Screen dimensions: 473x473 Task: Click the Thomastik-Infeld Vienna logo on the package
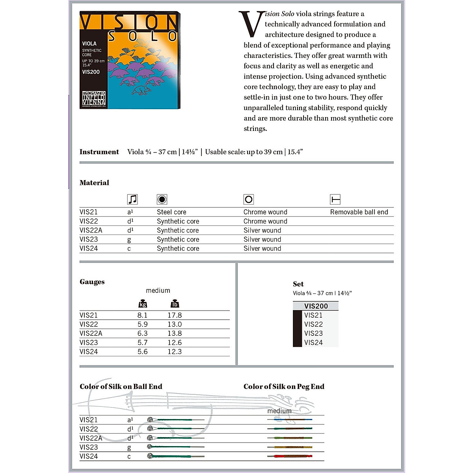coord(94,99)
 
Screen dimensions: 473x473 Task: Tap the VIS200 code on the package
coord(91,72)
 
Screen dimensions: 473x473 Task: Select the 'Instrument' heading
coord(99,152)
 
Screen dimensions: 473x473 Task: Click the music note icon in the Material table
coord(132,199)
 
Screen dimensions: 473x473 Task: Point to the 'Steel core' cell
coord(171,212)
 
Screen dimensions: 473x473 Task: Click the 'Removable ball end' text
coord(359,212)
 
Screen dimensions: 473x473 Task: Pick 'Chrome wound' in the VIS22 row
coord(265,221)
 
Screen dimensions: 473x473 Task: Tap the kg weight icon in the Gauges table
coord(143,304)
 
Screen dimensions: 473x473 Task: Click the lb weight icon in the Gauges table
coord(175,304)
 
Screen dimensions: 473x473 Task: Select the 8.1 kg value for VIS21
coord(142,315)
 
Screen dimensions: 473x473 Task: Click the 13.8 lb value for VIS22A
coord(175,333)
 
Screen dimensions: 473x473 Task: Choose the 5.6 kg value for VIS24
coord(142,352)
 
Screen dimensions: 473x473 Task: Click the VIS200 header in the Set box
coord(316,306)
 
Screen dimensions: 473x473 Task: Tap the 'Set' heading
coord(298,284)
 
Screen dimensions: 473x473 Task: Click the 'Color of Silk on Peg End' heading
coord(284,387)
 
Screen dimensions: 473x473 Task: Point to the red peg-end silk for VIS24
coord(290,456)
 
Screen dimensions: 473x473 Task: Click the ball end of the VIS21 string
coord(150,420)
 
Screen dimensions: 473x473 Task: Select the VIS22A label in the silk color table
coord(91,438)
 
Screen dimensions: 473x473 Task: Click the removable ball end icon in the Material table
coord(335,199)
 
